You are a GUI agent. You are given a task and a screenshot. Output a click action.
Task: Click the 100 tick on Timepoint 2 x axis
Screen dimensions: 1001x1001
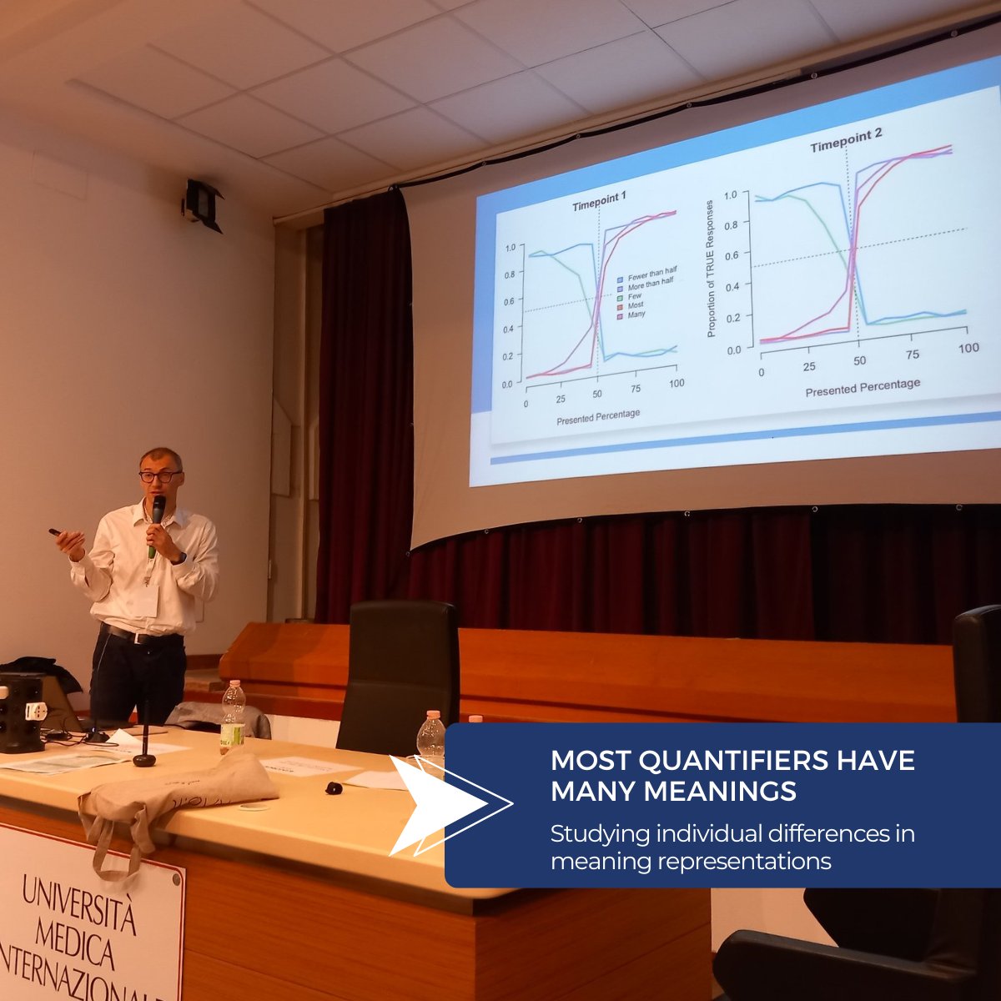pos(968,346)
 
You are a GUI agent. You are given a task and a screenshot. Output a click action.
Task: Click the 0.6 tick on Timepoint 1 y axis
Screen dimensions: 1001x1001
pos(509,302)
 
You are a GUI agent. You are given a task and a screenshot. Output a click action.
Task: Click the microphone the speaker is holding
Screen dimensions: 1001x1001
pos(156,518)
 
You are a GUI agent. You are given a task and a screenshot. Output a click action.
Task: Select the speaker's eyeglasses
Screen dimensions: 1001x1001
pos(160,476)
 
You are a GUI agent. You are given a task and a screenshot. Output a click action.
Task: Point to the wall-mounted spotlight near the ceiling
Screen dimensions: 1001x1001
pos(203,203)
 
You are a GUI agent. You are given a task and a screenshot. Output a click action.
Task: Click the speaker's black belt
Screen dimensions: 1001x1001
pos(143,636)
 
